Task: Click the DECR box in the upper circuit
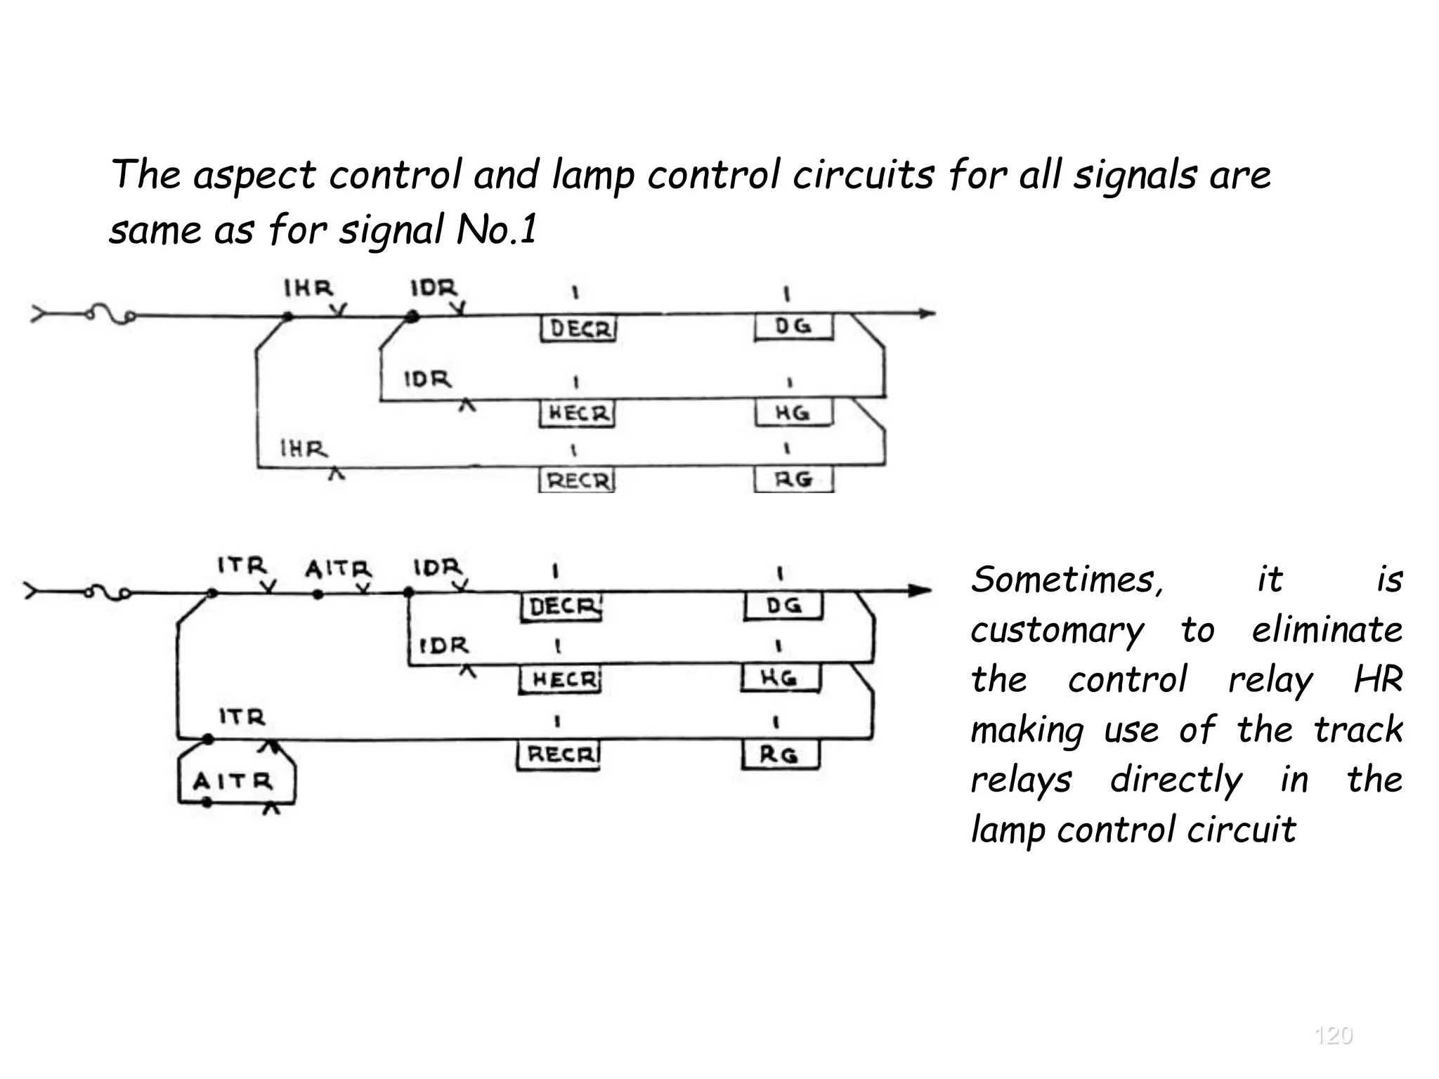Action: (578, 329)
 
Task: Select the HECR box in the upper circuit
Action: (578, 413)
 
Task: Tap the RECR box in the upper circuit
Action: (577, 480)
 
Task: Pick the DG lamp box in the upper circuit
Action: (793, 327)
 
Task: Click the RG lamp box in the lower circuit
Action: (780, 755)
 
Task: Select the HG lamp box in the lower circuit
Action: (780, 679)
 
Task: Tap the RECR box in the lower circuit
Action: (559, 755)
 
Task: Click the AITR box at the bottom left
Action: (233, 781)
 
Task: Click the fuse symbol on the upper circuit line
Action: (110, 314)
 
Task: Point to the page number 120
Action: (1333, 1035)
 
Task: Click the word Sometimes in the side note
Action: (1067, 580)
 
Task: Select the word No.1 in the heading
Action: (496, 230)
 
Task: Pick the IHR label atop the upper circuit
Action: (308, 289)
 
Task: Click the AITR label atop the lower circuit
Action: (337, 568)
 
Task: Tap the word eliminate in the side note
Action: (1327, 629)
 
